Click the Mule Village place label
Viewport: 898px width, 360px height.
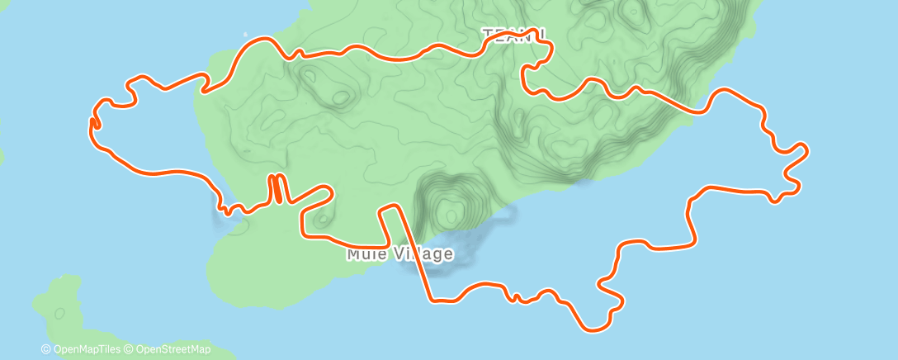[x=399, y=253]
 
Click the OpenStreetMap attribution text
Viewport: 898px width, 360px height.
[x=171, y=349]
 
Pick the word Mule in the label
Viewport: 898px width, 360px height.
[x=363, y=253]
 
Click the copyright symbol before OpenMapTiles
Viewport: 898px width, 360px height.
[x=46, y=349]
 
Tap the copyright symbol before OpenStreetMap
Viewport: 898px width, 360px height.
[x=129, y=349]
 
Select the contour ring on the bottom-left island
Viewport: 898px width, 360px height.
[x=59, y=313]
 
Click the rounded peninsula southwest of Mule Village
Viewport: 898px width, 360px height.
[x=248, y=264]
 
